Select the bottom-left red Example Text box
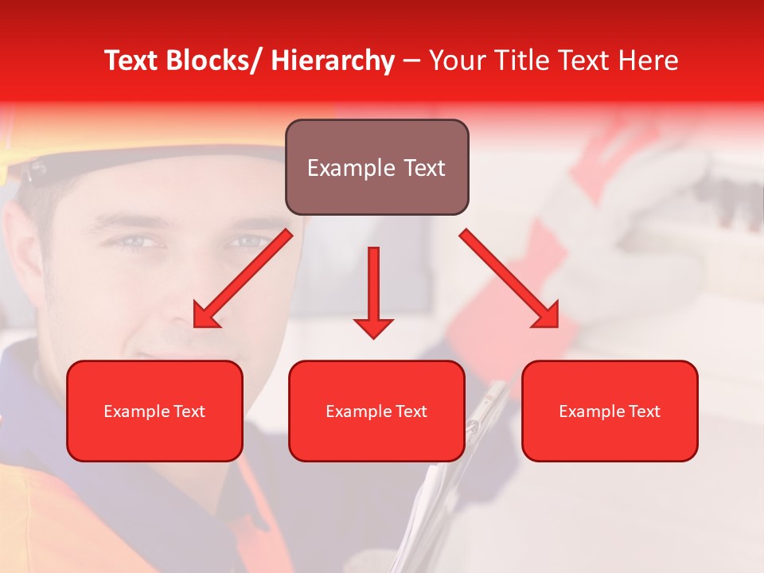(154, 411)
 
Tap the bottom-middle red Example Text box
(376, 411)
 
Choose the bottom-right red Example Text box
(610, 411)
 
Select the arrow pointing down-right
(509, 279)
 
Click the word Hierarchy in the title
(333, 60)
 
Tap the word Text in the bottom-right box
(643, 411)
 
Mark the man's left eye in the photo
(247, 240)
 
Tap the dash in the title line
(411, 62)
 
